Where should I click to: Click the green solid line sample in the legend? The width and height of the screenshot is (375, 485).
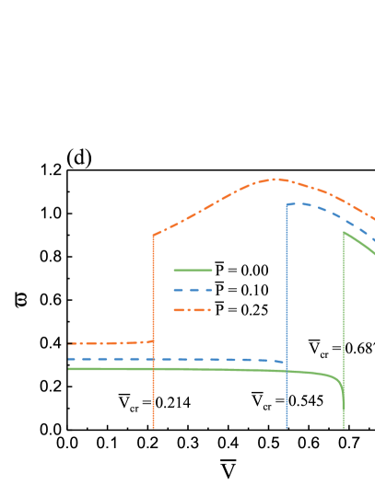pos(193,270)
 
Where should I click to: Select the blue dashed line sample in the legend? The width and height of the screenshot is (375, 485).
pos(193,290)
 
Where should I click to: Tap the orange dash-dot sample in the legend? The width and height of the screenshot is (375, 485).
pos(193,310)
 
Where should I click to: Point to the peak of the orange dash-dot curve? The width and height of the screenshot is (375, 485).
pos(276,179)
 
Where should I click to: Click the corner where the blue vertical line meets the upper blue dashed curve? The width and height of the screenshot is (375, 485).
pos(287,204)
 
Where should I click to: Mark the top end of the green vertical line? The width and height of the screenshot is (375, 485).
pos(344,232)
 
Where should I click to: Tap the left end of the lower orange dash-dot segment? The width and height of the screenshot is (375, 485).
pos(68,343)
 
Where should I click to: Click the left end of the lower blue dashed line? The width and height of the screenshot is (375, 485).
pos(68,359)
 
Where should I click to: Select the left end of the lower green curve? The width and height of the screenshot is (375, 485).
pos(68,369)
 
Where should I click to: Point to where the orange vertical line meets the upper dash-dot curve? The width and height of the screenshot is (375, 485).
pos(153,235)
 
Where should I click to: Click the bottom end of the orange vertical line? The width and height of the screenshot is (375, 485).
pos(153,428)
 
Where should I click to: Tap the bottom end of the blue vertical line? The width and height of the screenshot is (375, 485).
pos(287,428)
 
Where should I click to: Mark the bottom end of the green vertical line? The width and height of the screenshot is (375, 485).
pos(344,428)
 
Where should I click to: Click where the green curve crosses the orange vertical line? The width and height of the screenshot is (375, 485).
pos(153,369)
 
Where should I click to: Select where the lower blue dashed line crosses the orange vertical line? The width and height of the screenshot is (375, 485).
pos(153,359)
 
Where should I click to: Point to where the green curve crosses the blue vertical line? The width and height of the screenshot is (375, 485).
pos(287,371)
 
